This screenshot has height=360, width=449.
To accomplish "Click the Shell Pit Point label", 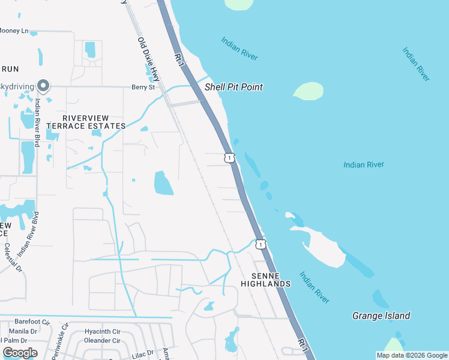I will point(234,87).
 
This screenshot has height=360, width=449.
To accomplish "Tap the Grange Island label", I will point(381,316).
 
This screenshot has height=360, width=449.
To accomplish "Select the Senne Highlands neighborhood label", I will point(266,278).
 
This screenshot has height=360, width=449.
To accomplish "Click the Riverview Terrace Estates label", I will point(86,122).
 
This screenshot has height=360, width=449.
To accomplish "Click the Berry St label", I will point(143,87).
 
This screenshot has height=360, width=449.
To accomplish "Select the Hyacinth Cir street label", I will point(102,331).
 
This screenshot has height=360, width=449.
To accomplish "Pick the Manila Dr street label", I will point(23,331).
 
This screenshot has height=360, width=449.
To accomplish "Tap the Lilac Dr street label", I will point(143,353).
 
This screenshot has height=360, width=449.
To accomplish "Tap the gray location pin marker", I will point(43,86).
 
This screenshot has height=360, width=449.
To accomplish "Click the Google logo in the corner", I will point(20,353).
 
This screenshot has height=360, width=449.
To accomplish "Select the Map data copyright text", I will point(411,355).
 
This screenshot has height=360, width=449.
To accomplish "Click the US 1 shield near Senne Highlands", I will point(260,244).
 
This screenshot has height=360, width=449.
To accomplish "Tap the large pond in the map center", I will point(163,183).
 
